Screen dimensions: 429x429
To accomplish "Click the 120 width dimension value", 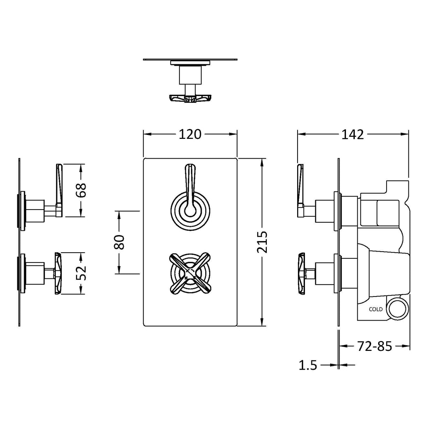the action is coord(190,134).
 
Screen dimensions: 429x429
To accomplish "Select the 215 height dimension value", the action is coord(262,242).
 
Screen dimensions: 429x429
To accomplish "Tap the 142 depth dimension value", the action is coord(353,135).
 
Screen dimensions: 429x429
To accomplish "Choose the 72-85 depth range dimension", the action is coord(375,346).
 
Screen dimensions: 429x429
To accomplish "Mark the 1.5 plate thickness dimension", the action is coord(308,365).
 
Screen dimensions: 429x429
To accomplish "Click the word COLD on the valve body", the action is coord(376,309).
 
